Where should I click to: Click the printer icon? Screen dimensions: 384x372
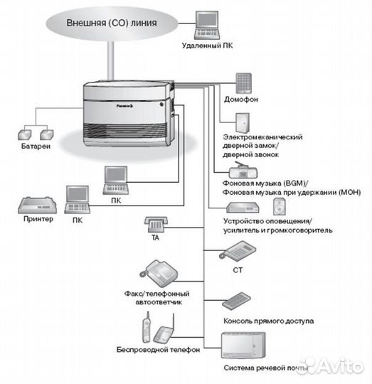click(35, 206)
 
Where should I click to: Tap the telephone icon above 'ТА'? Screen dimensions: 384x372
click(155, 224)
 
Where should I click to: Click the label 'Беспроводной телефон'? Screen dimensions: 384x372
click(159, 351)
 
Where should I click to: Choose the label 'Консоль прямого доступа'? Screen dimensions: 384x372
click(267, 321)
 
